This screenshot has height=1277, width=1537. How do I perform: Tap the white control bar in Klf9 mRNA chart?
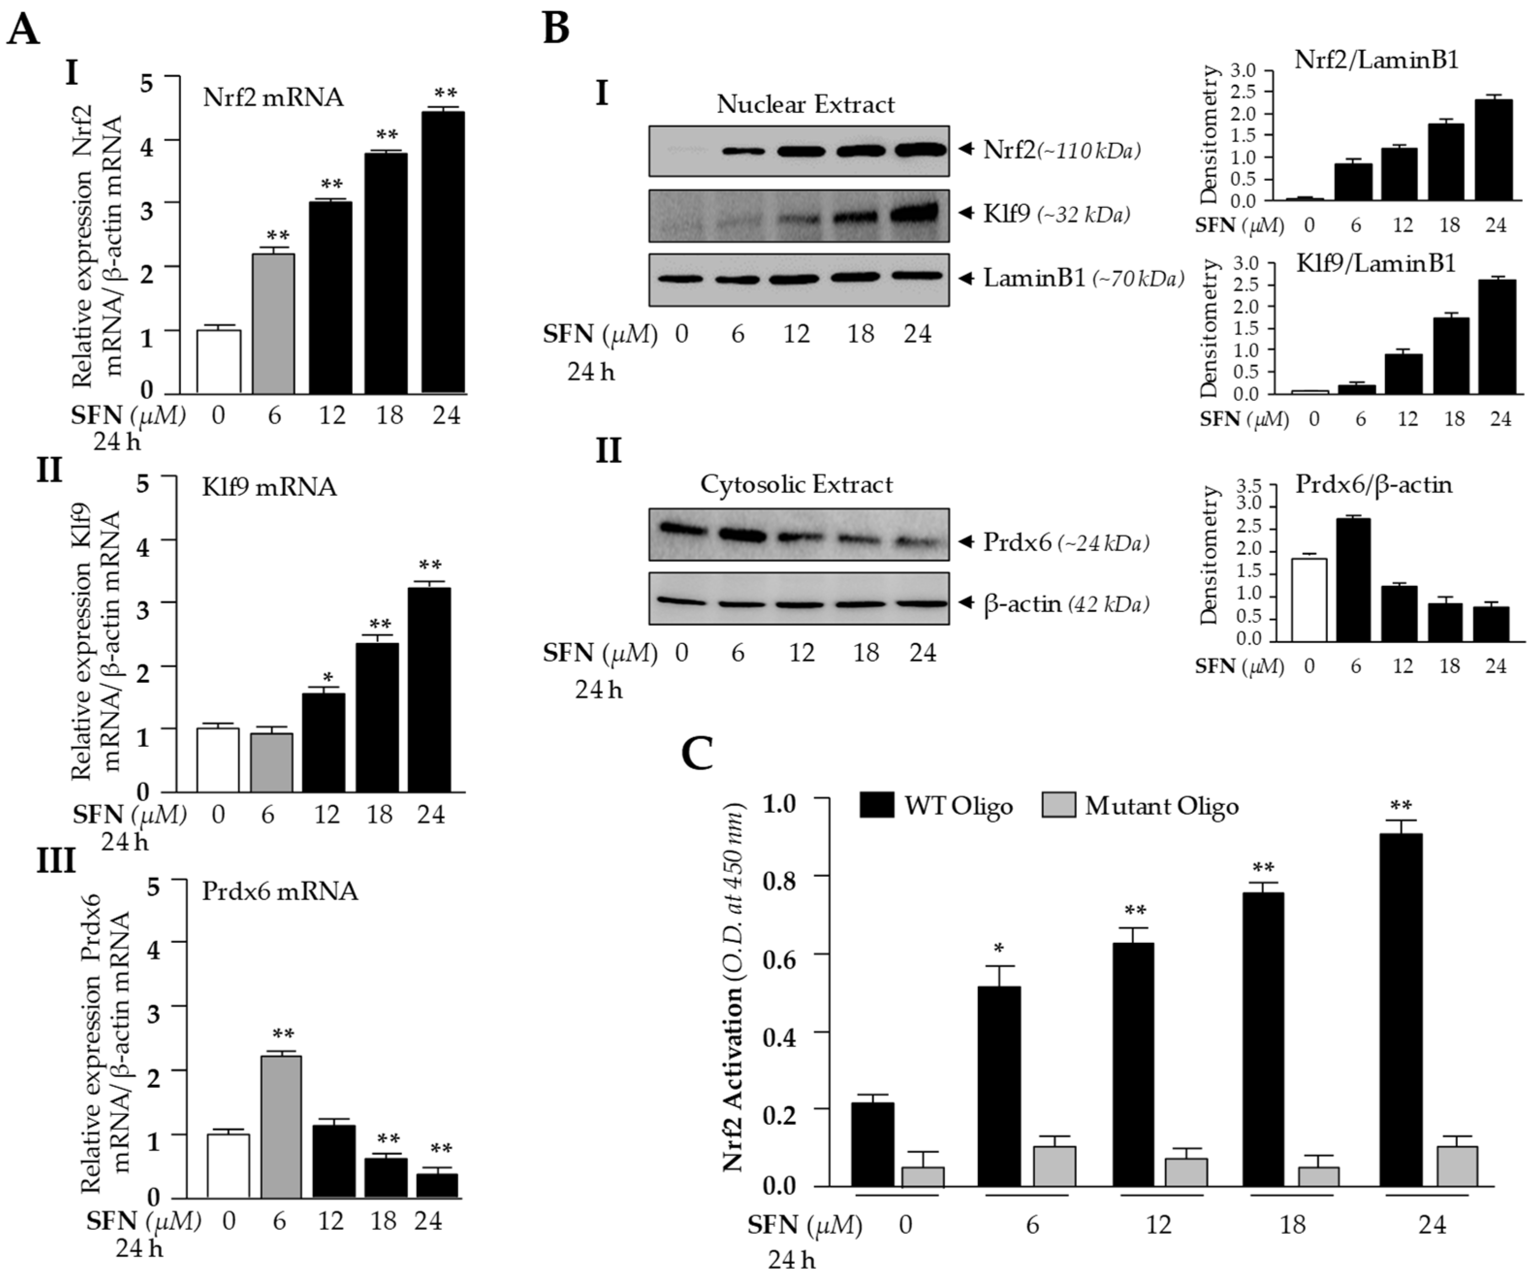[218, 760]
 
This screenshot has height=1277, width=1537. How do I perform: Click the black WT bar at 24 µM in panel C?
[1401, 1010]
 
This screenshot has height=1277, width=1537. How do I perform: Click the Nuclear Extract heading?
[805, 105]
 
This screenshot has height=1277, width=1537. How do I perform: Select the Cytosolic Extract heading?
[796, 485]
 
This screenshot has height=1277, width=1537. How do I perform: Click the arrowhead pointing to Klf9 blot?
[967, 214]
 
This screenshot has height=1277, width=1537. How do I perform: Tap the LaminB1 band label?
[1033, 278]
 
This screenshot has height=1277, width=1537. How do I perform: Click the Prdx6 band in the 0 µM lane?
[681, 528]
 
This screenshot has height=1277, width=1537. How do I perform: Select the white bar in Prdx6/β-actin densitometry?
[1309, 599]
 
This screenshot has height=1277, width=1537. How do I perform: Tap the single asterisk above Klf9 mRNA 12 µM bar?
[328, 676]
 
